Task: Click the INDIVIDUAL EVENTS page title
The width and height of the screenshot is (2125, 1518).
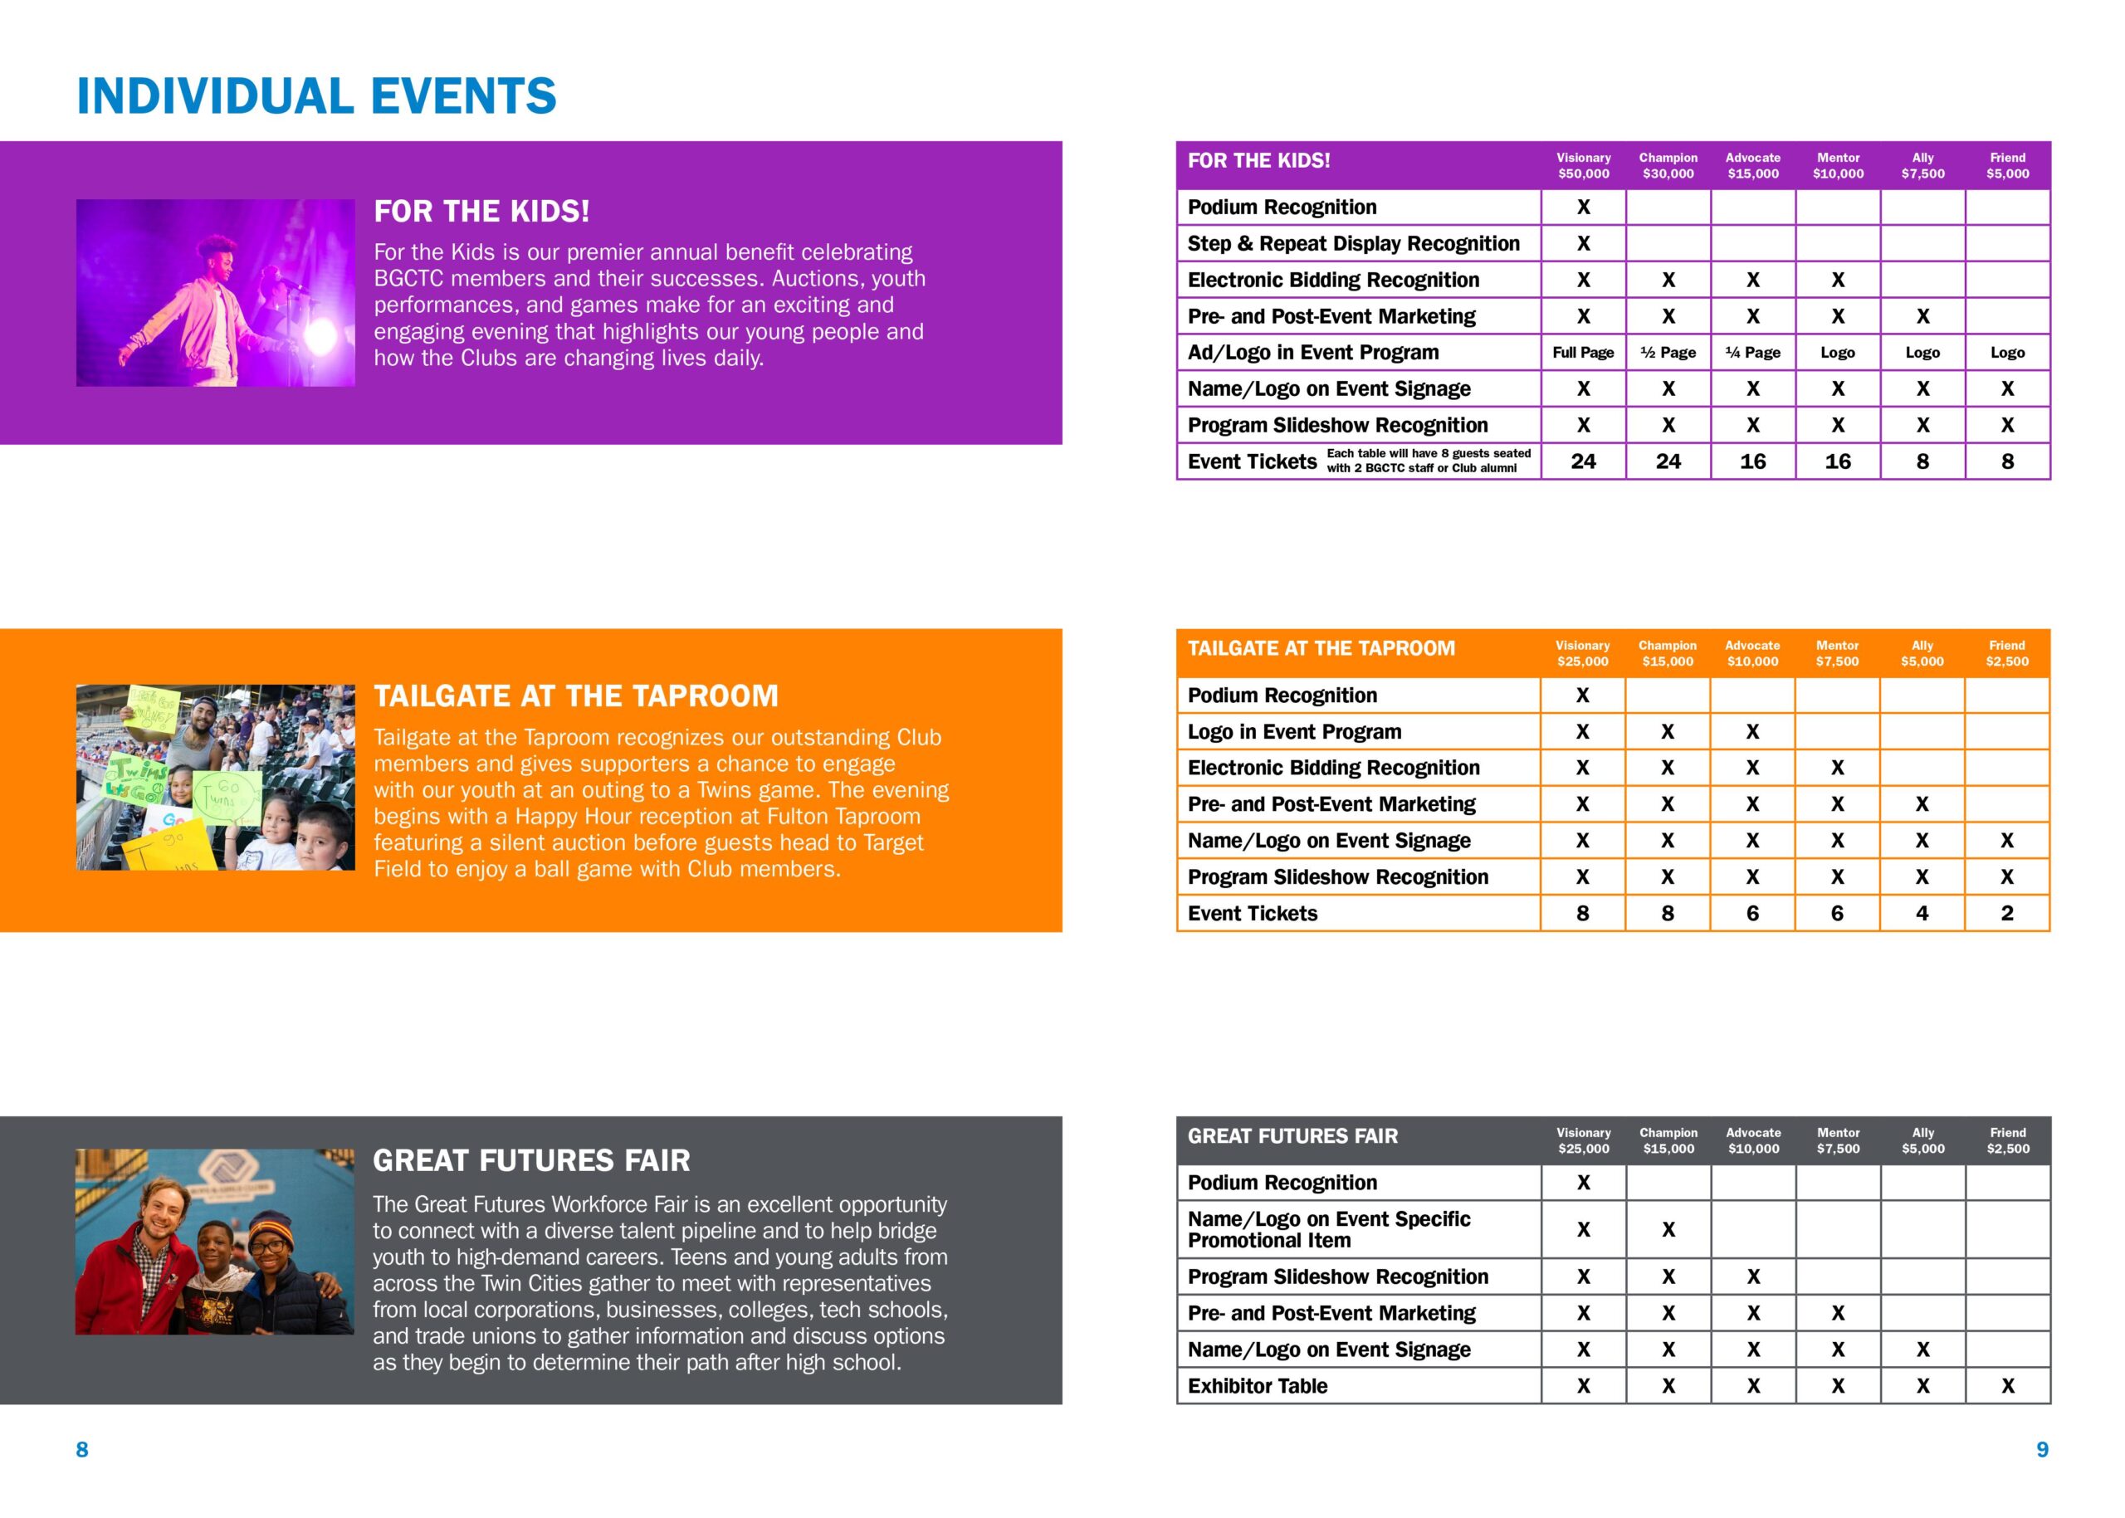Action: click(x=316, y=96)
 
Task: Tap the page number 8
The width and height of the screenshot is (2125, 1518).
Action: click(x=82, y=1449)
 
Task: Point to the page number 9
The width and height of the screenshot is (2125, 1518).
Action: click(x=2042, y=1449)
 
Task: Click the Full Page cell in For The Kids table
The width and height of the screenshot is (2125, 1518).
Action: click(x=1583, y=353)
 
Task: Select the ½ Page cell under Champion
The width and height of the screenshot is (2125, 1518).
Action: click(x=1668, y=353)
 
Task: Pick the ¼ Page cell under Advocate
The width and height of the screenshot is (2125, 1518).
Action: click(x=1753, y=353)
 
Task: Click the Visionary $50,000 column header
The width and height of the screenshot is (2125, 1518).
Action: click(x=1583, y=165)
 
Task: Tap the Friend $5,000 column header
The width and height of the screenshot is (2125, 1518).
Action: click(x=2007, y=165)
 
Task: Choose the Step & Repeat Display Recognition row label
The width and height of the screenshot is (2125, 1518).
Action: click(x=1354, y=244)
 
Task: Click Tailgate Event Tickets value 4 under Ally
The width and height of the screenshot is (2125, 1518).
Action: click(x=1922, y=913)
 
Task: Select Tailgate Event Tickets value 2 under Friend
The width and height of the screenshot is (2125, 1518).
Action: click(x=2007, y=913)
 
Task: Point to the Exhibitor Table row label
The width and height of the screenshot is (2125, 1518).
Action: click(x=1258, y=1386)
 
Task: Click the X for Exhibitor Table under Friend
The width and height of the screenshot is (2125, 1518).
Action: click(x=2007, y=1386)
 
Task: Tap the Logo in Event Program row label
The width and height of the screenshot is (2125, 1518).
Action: click(x=1294, y=732)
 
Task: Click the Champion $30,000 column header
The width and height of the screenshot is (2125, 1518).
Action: click(x=1668, y=165)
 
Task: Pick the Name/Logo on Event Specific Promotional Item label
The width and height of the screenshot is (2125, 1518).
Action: click(x=1328, y=1229)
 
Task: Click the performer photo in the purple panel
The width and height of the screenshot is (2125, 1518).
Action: click(x=215, y=293)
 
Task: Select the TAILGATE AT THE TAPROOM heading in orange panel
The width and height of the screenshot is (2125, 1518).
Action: click(x=576, y=696)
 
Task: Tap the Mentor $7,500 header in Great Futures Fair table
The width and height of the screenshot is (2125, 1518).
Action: click(x=1838, y=1140)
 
